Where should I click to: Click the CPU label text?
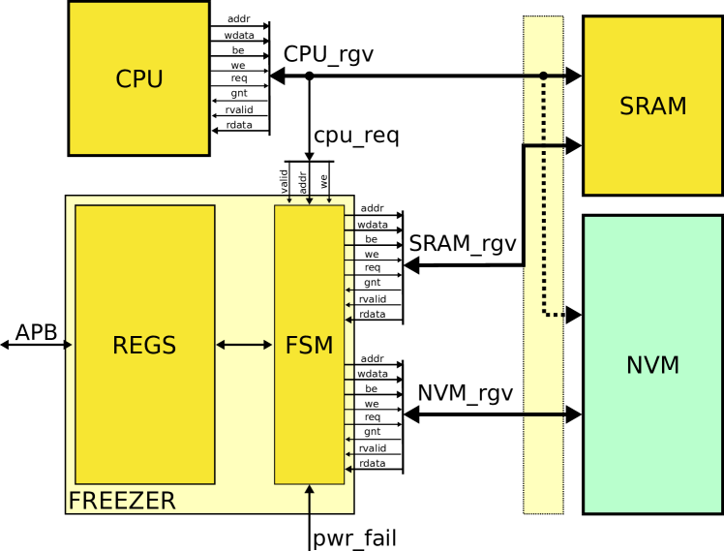pos(138,79)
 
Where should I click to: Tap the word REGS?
pos(144,346)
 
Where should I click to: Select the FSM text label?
pos(309,346)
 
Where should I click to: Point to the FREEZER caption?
pos(122,501)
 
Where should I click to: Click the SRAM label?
pos(652,107)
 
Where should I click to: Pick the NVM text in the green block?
pos(652,365)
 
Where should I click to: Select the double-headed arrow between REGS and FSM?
pos(244,345)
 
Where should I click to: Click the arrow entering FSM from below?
pos(310,495)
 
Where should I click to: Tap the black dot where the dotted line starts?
pos(543,76)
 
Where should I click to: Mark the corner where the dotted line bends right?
pos(545,314)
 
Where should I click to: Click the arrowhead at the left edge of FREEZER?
pos(68,345)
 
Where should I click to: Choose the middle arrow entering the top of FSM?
pos(310,200)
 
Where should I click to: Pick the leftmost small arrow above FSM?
pos(289,200)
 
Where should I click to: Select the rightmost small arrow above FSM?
pos(329,200)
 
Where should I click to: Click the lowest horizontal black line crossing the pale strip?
pos(543,414)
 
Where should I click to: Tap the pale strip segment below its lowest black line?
pos(543,465)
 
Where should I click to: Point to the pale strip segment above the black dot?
pos(543,44)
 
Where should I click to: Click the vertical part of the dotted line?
pos(544,194)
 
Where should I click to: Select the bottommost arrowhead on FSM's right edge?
pos(348,469)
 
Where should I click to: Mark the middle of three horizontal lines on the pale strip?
pos(543,145)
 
